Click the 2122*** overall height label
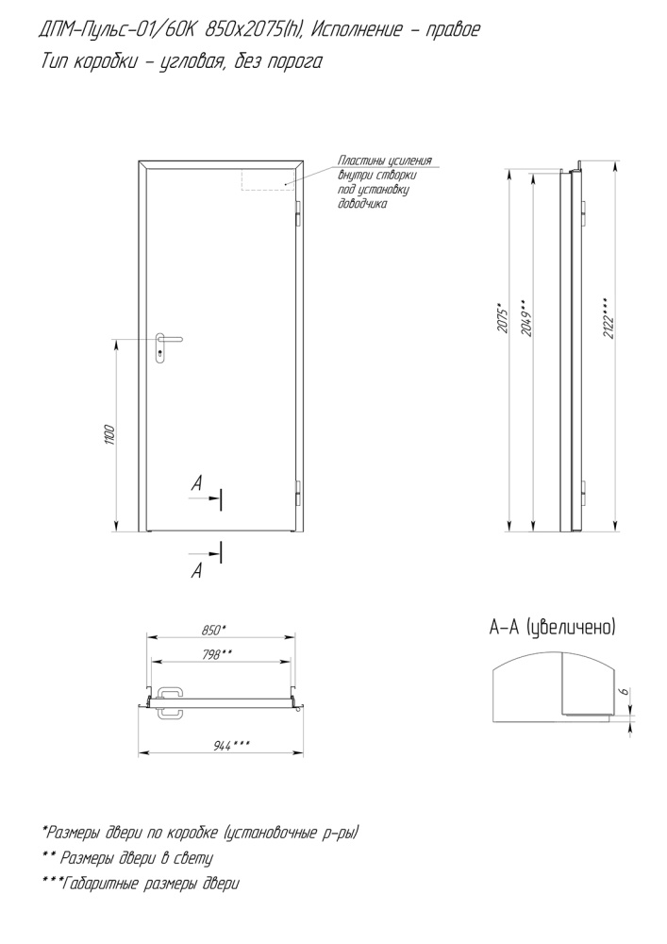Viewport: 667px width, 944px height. click(609, 316)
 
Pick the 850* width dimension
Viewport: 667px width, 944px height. click(214, 631)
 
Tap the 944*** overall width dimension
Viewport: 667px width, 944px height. click(232, 747)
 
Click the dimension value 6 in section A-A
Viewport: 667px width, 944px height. click(625, 691)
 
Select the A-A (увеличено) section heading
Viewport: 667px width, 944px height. click(553, 628)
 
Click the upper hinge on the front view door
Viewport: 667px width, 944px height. click(298, 213)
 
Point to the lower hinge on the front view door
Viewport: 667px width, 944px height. click(298, 493)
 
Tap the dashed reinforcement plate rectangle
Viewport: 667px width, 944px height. click(268, 179)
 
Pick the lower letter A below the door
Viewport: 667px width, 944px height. click(196, 571)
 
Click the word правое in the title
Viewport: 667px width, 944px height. click(452, 29)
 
